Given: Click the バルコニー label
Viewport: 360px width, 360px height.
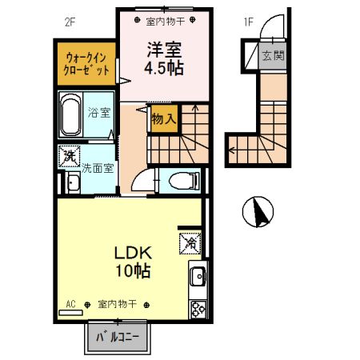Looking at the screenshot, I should [x=118, y=338].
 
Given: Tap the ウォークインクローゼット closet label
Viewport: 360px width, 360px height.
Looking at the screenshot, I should [x=86, y=63].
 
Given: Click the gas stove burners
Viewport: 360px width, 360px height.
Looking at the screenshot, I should [x=196, y=309].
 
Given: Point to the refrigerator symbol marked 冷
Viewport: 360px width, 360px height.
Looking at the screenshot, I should [x=193, y=238].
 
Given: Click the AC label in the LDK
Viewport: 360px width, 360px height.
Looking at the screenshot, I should [x=70, y=305].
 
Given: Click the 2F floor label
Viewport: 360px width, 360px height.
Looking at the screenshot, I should [x=69, y=22].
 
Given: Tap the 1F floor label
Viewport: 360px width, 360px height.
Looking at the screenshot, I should [x=248, y=22].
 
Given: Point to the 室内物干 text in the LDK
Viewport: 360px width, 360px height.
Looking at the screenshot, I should [x=117, y=305].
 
